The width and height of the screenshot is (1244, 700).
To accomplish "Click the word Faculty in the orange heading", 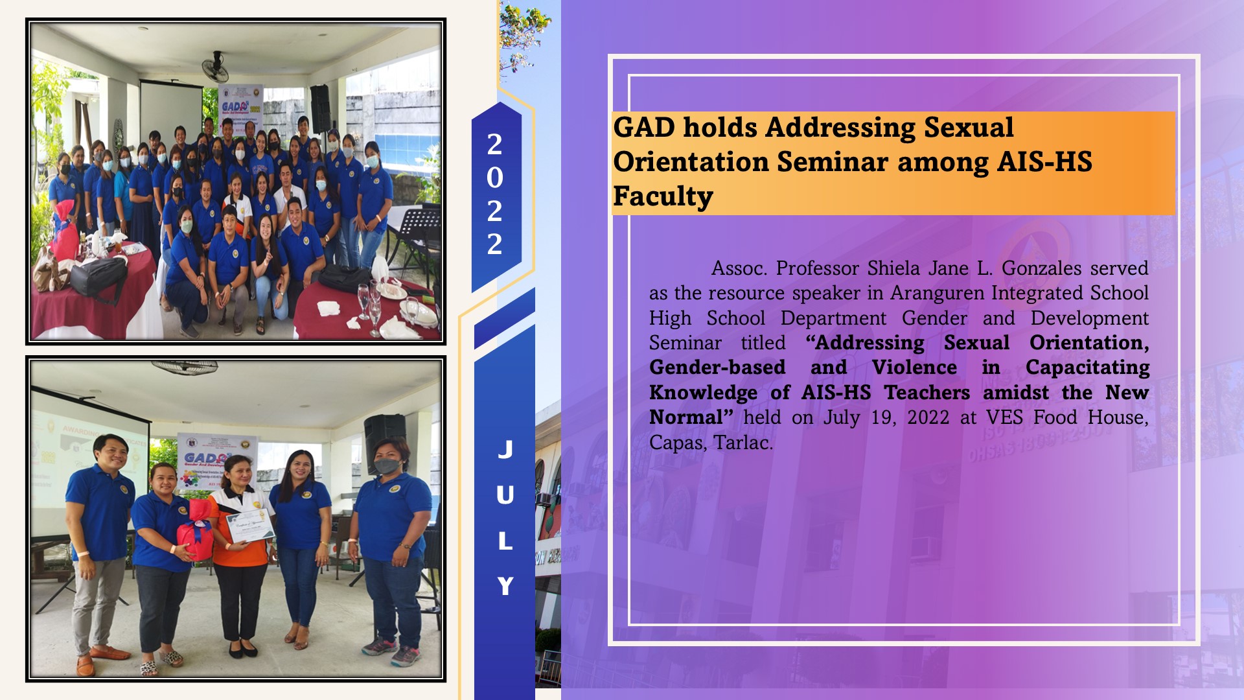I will point(663,196).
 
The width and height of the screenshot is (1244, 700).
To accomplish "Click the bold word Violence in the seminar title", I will point(914,367).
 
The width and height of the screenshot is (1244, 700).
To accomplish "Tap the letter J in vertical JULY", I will point(505,449).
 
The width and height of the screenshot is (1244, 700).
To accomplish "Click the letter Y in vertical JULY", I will point(505,586).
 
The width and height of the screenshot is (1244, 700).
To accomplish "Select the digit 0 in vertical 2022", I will point(494,178).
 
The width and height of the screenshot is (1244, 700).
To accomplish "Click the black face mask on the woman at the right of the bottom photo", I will point(386,465).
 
